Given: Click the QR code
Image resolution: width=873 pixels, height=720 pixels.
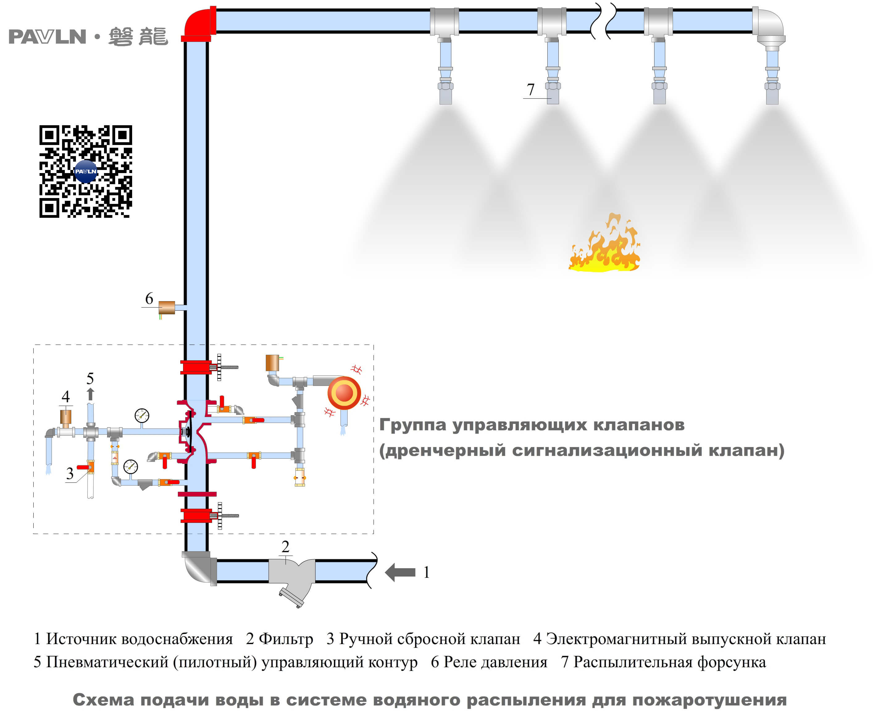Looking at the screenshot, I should (x=86, y=171).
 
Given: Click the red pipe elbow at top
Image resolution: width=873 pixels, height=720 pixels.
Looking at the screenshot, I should (x=198, y=23).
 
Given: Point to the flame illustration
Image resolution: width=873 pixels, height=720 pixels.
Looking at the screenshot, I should (x=604, y=245).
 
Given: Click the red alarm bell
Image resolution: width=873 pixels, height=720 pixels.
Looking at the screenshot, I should (x=344, y=392).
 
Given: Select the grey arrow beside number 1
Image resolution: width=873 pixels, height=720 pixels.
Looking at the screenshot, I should (x=400, y=572).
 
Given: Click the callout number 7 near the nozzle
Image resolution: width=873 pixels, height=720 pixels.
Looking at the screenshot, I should (x=530, y=89).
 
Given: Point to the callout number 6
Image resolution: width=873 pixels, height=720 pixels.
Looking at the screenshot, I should (x=149, y=298).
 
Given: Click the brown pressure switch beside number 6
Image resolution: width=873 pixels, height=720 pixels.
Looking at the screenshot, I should (x=166, y=307).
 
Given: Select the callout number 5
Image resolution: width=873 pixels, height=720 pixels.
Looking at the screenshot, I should (x=90, y=378).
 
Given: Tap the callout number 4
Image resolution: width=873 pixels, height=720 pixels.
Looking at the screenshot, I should (x=65, y=396).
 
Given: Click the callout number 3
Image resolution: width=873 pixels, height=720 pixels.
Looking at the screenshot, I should (x=70, y=473).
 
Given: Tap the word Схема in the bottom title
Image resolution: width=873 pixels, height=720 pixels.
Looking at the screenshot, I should (x=103, y=700).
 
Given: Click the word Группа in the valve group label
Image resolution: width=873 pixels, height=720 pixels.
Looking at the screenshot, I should (x=412, y=425).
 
